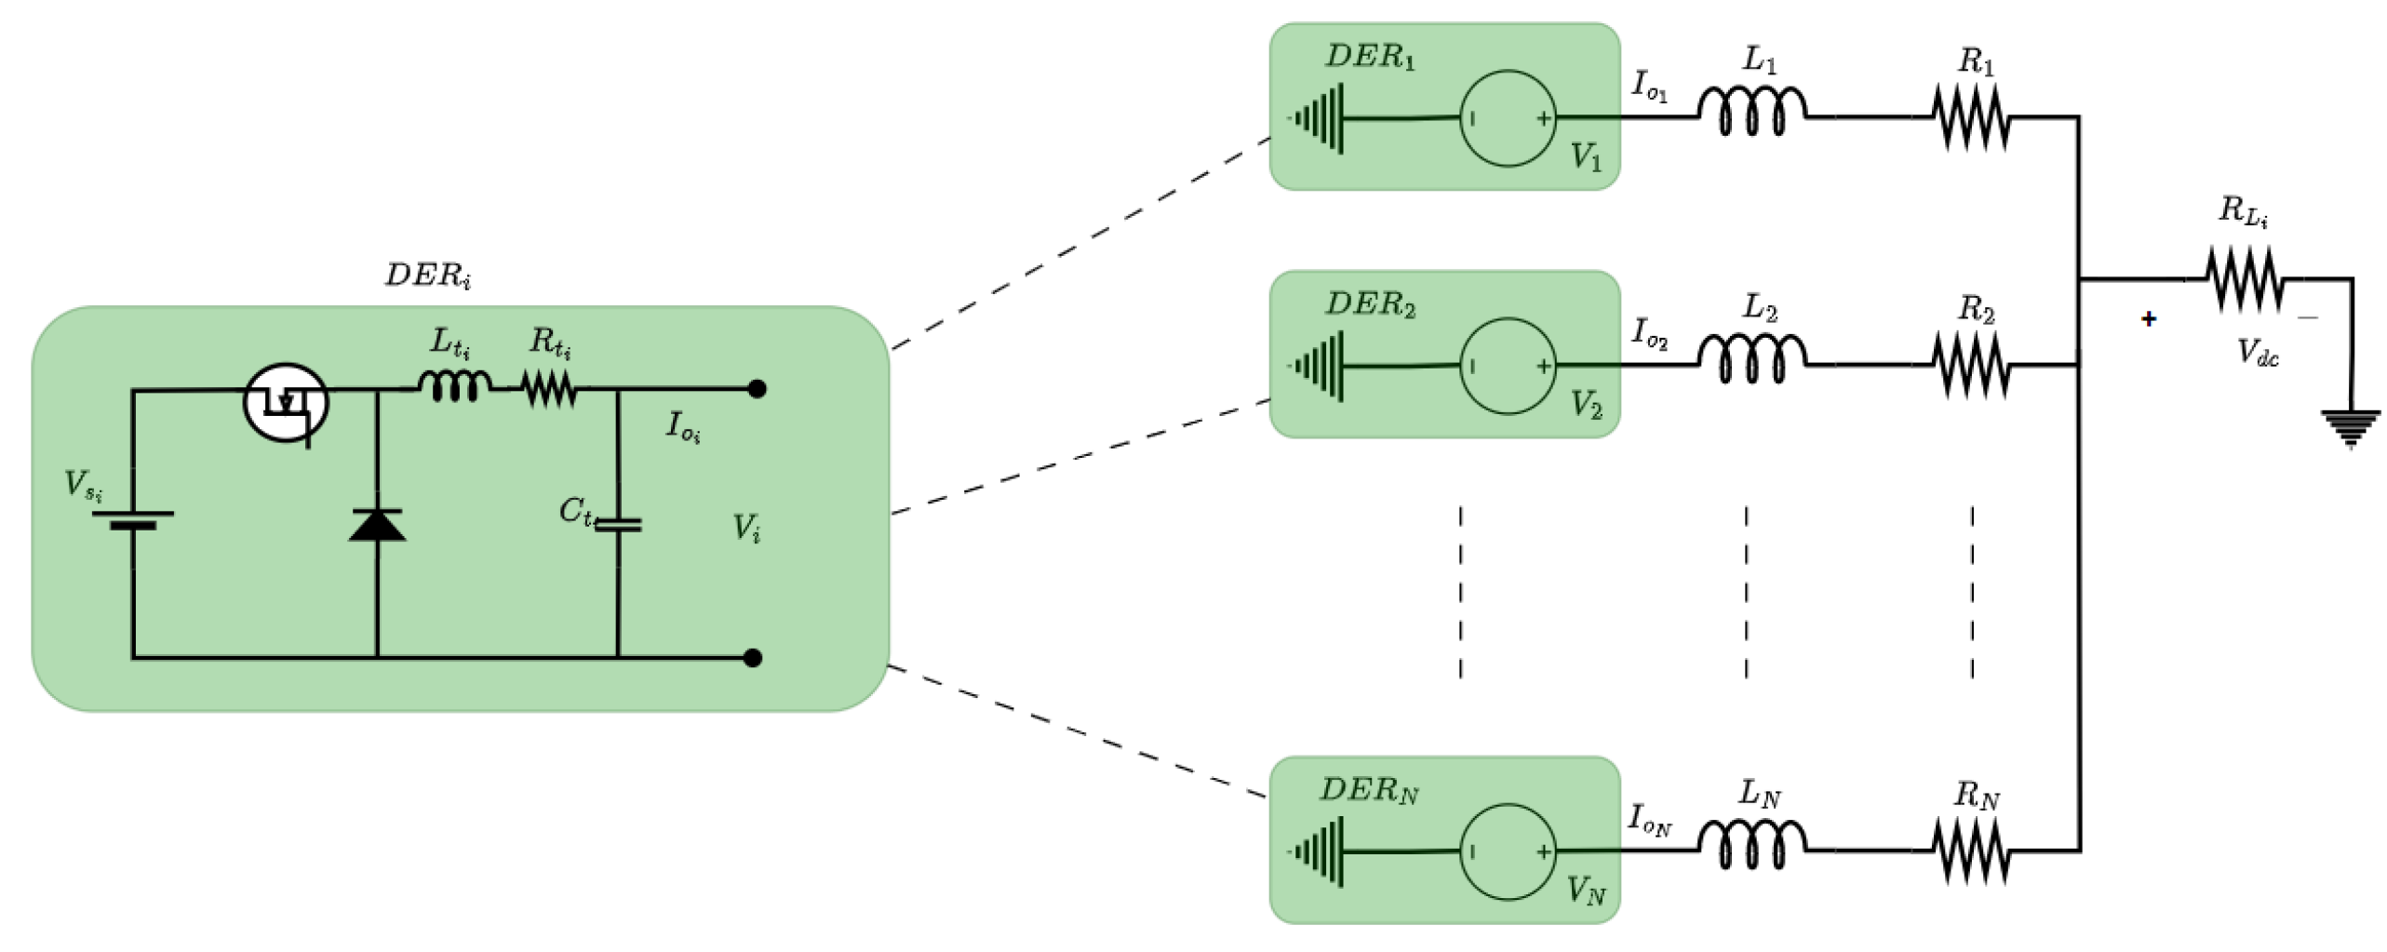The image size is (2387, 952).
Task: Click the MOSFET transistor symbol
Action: click(286, 403)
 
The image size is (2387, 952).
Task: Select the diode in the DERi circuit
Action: click(377, 526)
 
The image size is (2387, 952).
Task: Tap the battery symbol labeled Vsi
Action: click(133, 519)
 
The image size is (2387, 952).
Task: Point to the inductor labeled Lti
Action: click(454, 386)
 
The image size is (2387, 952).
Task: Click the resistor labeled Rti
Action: click(549, 389)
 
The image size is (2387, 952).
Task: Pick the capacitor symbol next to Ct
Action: click(618, 526)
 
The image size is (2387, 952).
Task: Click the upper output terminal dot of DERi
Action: click(758, 389)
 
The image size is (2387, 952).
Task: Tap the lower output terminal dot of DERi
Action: click(754, 658)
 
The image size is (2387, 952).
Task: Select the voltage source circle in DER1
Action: click(1508, 118)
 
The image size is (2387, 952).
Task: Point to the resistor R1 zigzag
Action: click(1971, 118)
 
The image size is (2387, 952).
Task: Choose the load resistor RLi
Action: click(2246, 278)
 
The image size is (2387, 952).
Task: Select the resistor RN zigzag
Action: click(1971, 851)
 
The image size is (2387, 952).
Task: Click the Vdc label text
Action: click(2258, 353)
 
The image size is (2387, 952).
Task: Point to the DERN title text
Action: click(1369, 791)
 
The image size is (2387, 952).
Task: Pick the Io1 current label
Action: click(1650, 87)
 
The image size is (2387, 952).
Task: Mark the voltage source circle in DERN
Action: click(1508, 851)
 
